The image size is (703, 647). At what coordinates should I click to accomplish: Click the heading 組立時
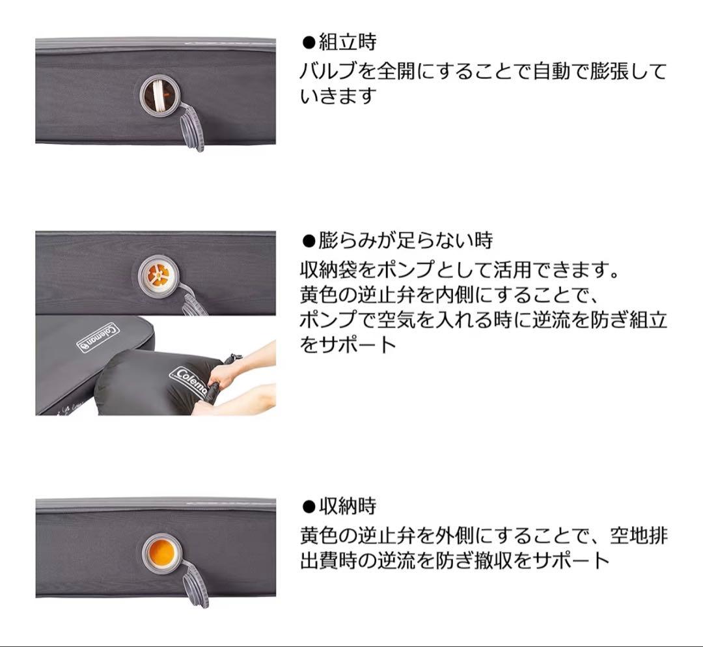pos(347,43)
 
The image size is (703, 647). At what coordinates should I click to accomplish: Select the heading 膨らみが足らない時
pos(405,240)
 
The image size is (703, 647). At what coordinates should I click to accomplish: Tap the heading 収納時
pos(347,506)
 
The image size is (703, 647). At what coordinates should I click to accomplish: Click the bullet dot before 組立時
pos(309,44)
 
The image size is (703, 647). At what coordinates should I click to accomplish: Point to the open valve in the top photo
pos(158,94)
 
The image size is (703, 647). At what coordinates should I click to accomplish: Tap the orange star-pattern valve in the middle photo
pos(158,274)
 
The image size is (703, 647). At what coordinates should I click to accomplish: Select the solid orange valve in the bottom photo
pos(159,553)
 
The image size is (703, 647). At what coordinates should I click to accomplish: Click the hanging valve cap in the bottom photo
pos(195,585)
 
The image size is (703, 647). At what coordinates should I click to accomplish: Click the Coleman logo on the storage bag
pos(187,383)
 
